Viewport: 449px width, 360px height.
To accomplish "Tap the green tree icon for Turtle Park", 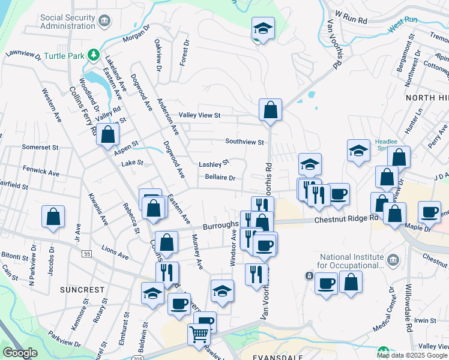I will pyautogui.click(x=93, y=56).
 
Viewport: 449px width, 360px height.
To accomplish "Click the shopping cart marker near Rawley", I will pyautogui.click(x=199, y=334).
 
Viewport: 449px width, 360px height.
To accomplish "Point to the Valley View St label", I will pyautogui.click(x=200, y=115).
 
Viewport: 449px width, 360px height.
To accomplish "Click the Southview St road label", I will pyautogui.click(x=245, y=142).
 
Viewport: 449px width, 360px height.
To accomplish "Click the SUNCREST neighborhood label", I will pyautogui.click(x=82, y=290).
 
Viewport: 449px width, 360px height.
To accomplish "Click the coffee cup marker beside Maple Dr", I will pyautogui.click(x=430, y=212).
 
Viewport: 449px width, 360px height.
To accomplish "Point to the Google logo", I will pyautogui.click(x=20, y=353).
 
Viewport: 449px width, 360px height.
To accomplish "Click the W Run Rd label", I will pyautogui.click(x=351, y=16).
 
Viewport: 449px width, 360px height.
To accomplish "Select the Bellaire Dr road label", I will pyautogui.click(x=219, y=178).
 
